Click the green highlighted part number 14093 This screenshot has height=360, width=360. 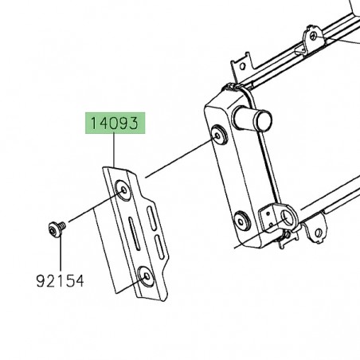[115, 123]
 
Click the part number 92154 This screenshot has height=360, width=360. [60, 281]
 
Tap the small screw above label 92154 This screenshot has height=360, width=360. [57, 228]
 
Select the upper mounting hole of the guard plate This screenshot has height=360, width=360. [123, 190]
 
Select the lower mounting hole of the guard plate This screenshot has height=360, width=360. [146, 276]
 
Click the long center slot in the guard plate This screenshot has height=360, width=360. [135, 234]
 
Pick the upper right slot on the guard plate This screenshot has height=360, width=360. [151, 218]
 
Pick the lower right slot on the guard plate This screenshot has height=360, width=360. [160, 247]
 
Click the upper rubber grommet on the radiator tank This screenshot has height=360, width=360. [219, 135]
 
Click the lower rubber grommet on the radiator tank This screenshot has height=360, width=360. [241, 221]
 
